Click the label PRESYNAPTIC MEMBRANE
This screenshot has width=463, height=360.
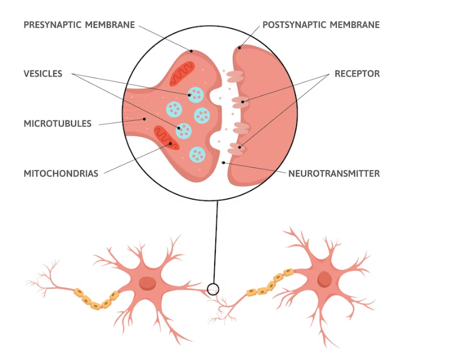click(79, 25)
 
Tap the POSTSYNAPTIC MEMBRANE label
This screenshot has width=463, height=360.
click(321, 25)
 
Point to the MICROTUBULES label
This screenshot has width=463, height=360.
click(58, 124)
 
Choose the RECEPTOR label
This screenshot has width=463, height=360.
click(357, 74)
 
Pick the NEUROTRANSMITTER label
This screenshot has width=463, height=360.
click(334, 173)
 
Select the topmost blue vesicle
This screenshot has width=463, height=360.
click(195, 93)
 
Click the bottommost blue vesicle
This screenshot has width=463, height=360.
click(197, 155)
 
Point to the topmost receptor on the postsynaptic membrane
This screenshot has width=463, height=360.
click(235, 76)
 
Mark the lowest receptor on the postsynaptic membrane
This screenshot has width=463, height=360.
click(236, 149)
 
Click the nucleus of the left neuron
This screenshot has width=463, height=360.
click(147, 283)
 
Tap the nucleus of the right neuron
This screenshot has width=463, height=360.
click(324, 279)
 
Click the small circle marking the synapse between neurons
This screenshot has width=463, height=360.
click(213, 289)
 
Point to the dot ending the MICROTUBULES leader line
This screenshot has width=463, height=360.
click(144, 119)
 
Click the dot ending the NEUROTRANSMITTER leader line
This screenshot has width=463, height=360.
click(224, 162)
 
